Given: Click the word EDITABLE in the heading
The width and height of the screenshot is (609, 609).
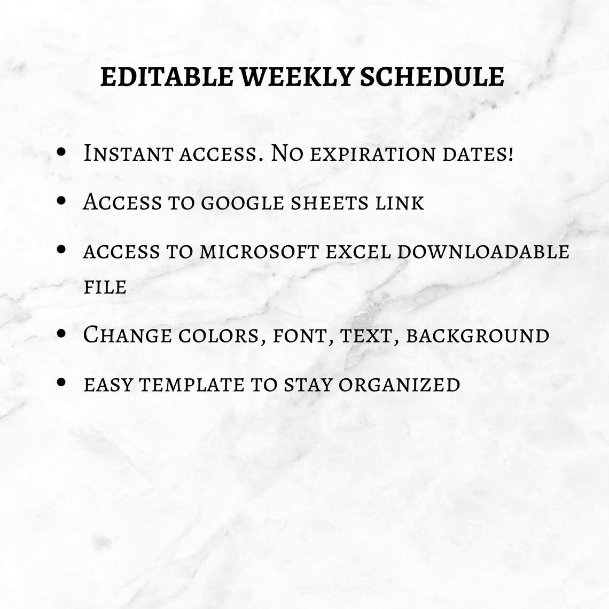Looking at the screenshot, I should (167, 77).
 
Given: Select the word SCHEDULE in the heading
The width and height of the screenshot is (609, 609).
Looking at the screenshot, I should (432, 77).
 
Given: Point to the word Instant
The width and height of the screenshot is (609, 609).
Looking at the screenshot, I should (127, 154).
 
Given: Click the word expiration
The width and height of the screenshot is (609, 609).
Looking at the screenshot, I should (372, 155).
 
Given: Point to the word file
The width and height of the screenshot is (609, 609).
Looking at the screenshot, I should (105, 287).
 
